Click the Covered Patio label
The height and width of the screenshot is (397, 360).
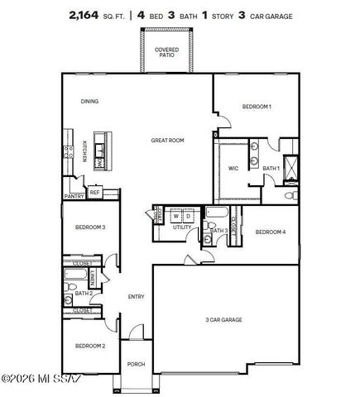[166, 52]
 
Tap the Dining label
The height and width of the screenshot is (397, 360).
[89, 102]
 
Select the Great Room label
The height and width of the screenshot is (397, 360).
[166, 141]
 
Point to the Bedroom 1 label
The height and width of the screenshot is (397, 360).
[257, 107]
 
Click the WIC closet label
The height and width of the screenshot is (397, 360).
[233, 168]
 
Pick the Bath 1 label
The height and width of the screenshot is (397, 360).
[271, 168]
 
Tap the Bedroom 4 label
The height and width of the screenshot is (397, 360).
[271, 232]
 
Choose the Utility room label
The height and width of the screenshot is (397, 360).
[182, 227]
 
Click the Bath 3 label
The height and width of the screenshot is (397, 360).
[218, 230]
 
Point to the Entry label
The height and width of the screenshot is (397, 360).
[136, 297]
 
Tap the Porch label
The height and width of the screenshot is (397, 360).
[136, 364]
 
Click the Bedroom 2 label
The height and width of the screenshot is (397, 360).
[90, 345]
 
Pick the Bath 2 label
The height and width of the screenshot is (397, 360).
[83, 293]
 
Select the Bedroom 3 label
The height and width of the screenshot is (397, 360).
[90, 227]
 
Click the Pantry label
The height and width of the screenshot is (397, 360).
[74, 196]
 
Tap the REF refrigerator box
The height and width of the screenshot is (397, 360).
[94, 192]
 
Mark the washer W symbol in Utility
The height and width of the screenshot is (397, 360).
[175, 216]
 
